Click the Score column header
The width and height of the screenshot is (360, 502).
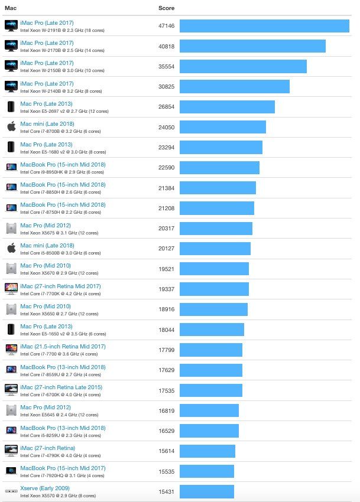click(166, 8)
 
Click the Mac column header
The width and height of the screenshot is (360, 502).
click(11, 8)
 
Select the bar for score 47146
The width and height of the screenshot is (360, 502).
click(264, 26)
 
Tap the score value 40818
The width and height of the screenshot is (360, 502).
click(167, 46)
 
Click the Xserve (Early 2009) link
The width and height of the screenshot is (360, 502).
click(45, 488)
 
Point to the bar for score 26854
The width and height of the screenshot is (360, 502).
click(227, 107)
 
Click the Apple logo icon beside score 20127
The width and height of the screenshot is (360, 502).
click(11, 248)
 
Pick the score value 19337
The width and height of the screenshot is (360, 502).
click(167, 289)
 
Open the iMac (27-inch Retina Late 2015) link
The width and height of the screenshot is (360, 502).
click(61, 387)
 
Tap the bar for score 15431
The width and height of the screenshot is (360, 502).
click(207, 491)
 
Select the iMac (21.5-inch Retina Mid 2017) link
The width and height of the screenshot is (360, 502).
click(63, 347)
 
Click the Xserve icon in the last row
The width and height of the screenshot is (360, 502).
click(11, 491)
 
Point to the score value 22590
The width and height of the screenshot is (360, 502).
click(167, 168)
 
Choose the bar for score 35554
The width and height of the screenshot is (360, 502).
click(243, 66)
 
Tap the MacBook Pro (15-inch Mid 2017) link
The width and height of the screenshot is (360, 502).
click(63, 468)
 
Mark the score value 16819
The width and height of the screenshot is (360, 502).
click(167, 410)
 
